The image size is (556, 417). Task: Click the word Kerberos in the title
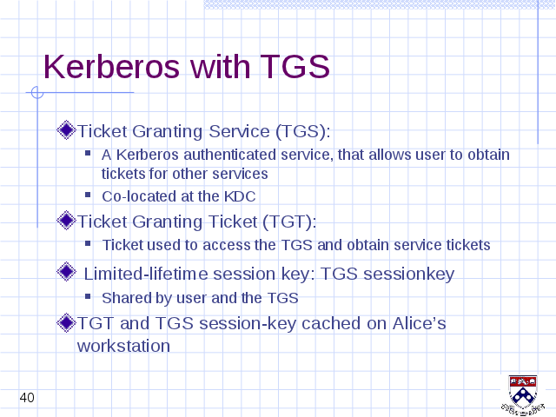click(112, 66)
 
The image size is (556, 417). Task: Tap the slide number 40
click(27, 398)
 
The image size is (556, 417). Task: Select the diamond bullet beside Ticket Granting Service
click(66, 130)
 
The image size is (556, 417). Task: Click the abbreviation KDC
click(240, 196)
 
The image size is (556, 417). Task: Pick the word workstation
click(123, 346)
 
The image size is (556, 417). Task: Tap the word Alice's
click(419, 323)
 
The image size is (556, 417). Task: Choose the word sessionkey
click(409, 274)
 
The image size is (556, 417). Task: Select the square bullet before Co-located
click(88, 195)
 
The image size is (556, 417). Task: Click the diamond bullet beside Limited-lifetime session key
click(66, 272)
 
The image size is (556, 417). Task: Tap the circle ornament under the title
click(37, 93)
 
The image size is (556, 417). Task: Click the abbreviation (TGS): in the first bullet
click(303, 131)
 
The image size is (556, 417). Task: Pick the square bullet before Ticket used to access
click(88, 243)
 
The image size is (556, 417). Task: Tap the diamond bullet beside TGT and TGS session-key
click(66, 322)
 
